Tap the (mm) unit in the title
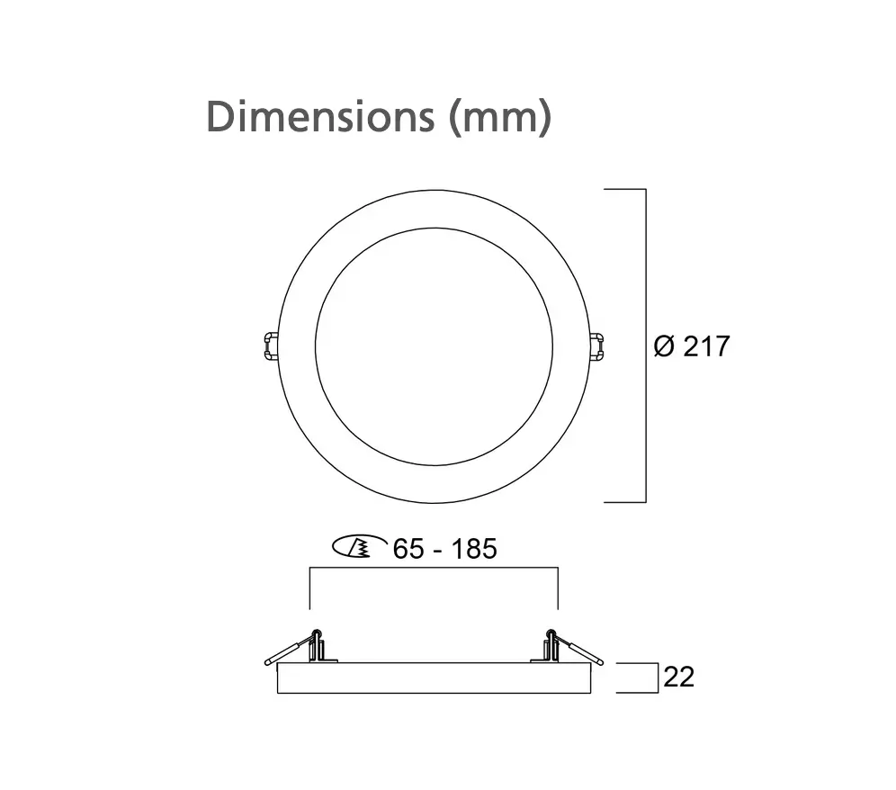point(499,118)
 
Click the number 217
point(707,346)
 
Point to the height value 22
point(679,677)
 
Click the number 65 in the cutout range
point(408,548)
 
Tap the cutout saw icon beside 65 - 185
point(354,546)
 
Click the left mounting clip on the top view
point(270,346)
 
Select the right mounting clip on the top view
point(596,346)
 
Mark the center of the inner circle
point(434,346)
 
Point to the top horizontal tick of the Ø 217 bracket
point(624,190)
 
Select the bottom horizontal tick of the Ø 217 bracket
point(624,501)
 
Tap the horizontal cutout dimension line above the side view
point(434,569)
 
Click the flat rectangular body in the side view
point(434,678)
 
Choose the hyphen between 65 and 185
point(436,549)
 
